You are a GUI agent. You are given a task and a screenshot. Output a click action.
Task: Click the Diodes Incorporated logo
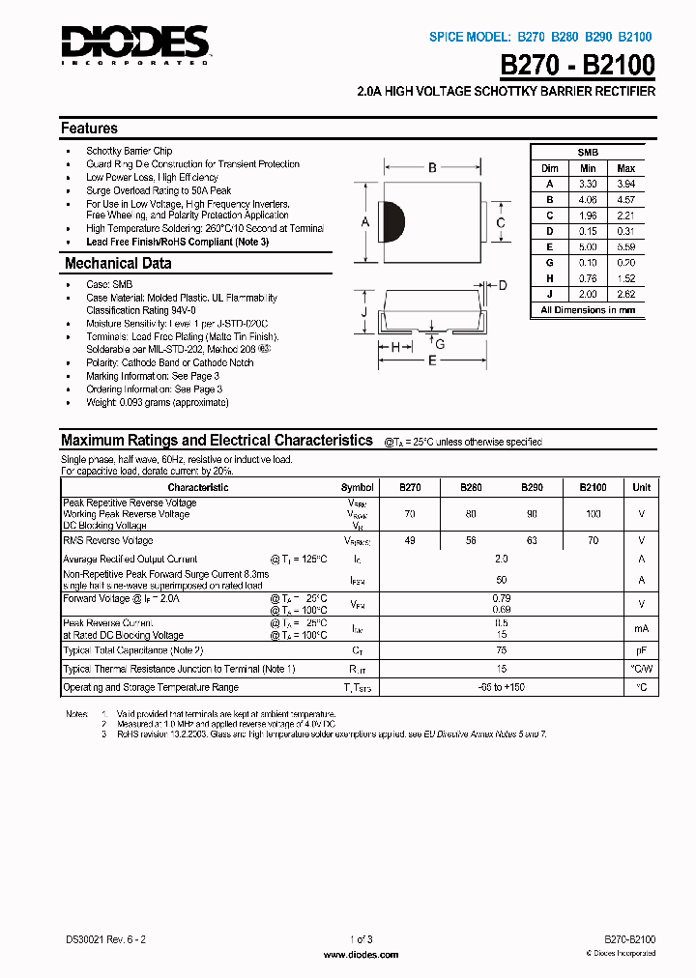click(x=135, y=43)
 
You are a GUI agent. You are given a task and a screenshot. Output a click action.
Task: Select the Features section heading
click(x=89, y=129)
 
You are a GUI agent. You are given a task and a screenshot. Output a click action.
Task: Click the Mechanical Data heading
click(x=118, y=264)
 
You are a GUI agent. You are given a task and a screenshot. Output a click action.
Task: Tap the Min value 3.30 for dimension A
click(x=588, y=184)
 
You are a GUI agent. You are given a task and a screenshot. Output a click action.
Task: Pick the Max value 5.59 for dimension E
click(x=625, y=245)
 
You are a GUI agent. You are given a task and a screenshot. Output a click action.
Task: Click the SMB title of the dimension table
click(x=588, y=153)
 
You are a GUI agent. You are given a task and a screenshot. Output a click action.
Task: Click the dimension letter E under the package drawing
click(x=432, y=360)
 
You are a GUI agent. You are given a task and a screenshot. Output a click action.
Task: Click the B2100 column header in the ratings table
click(x=594, y=488)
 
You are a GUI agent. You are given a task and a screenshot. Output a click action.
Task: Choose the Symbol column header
click(x=358, y=488)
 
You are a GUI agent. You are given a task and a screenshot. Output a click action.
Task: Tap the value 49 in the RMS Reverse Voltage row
click(x=410, y=541)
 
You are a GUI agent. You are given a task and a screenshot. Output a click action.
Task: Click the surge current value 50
click(x=502, y=580)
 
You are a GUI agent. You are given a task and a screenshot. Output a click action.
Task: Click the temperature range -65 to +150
click(x=502, y=687)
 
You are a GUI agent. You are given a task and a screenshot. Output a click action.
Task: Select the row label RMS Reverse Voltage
click(x=108, y=541)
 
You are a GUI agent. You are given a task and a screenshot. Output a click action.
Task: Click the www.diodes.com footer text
click(x=360, y=954)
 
